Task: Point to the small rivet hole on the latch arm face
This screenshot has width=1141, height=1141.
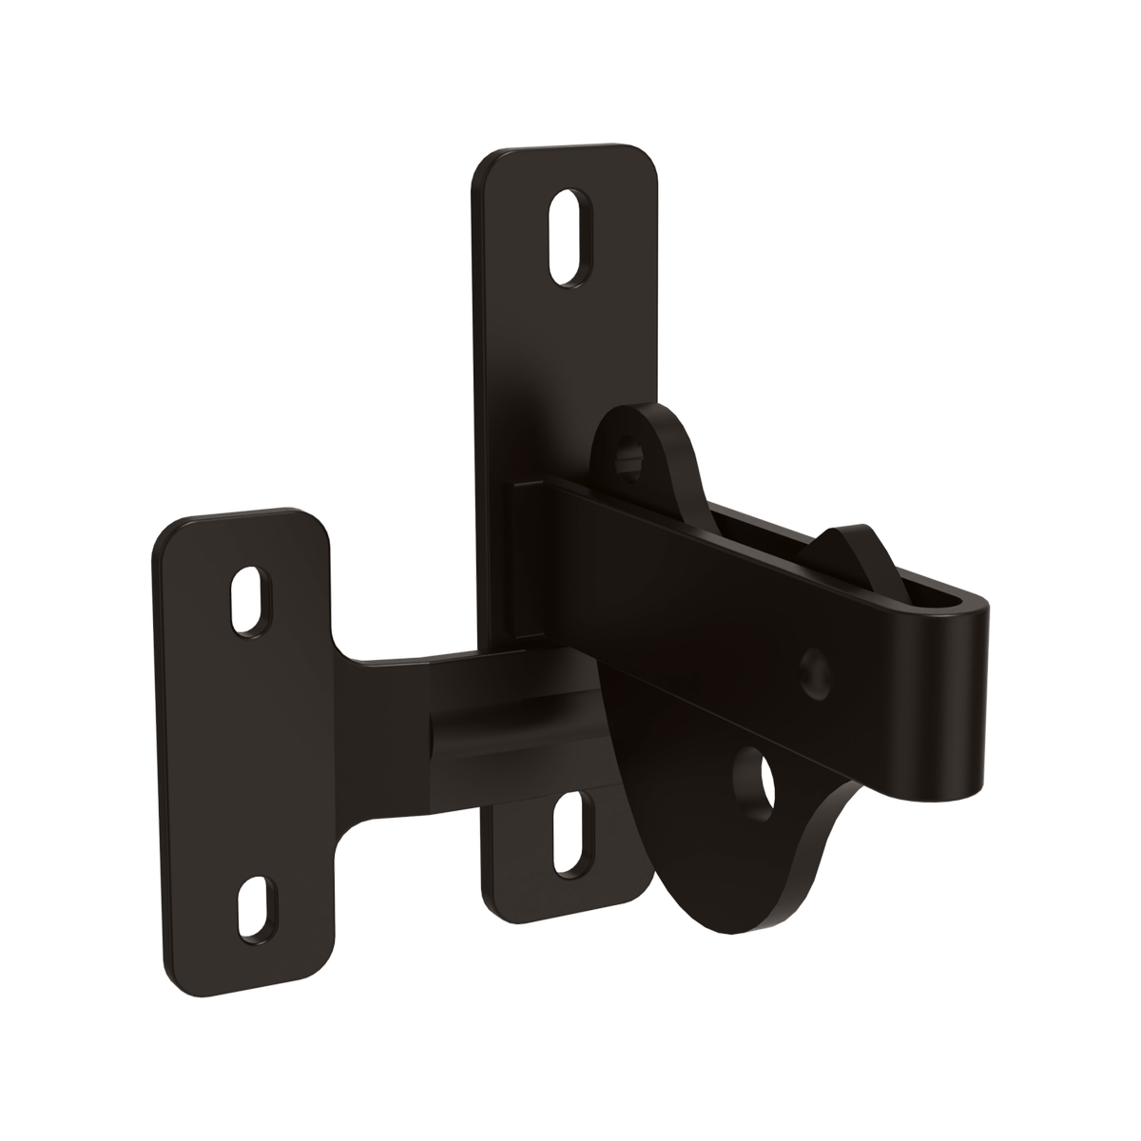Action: (814, 669)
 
